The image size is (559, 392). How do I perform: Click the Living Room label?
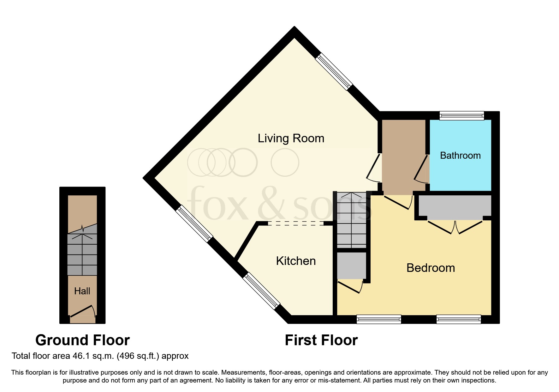point(291,138)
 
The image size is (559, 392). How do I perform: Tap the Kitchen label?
point(296,261)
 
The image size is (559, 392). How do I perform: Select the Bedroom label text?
point(431,268)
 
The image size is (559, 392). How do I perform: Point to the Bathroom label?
point(460,156)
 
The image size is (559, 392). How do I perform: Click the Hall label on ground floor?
point(82,291)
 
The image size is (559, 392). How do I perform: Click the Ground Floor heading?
point(82,340)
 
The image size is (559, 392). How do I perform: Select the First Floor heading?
point(321,340)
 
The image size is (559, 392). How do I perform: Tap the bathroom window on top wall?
point(462,115)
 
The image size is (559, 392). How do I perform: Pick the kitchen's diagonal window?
point(261,291)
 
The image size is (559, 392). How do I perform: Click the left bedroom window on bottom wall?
point(379,319)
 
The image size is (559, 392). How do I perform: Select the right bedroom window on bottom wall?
point(459,319)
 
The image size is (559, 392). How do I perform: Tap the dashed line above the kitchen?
point(295,224)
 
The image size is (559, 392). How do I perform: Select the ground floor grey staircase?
point(82,254)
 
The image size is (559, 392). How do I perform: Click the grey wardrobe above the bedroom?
point(455,207)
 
